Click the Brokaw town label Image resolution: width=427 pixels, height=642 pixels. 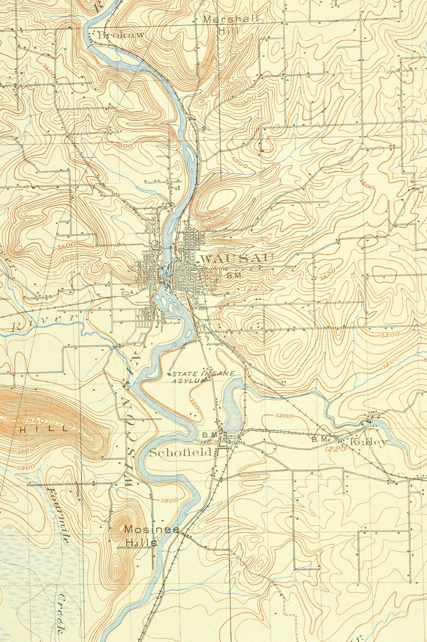coord(121,35)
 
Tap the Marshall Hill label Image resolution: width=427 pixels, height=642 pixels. coord(231,25)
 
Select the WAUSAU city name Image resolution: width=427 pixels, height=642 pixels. coord(237,258)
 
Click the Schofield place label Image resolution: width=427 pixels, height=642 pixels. coord(181,452)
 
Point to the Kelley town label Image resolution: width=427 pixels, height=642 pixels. coord(368,442)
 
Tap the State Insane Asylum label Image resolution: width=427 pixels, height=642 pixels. coord(202,377)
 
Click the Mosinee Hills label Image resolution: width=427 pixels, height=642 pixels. coord(141,536)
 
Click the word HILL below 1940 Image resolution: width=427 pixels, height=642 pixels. coord(44,429)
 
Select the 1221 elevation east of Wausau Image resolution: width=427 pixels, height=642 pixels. coord(253,288)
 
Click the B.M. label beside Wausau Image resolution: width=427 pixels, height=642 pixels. coord(235,276)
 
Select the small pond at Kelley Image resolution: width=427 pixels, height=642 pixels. coord(376,423)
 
